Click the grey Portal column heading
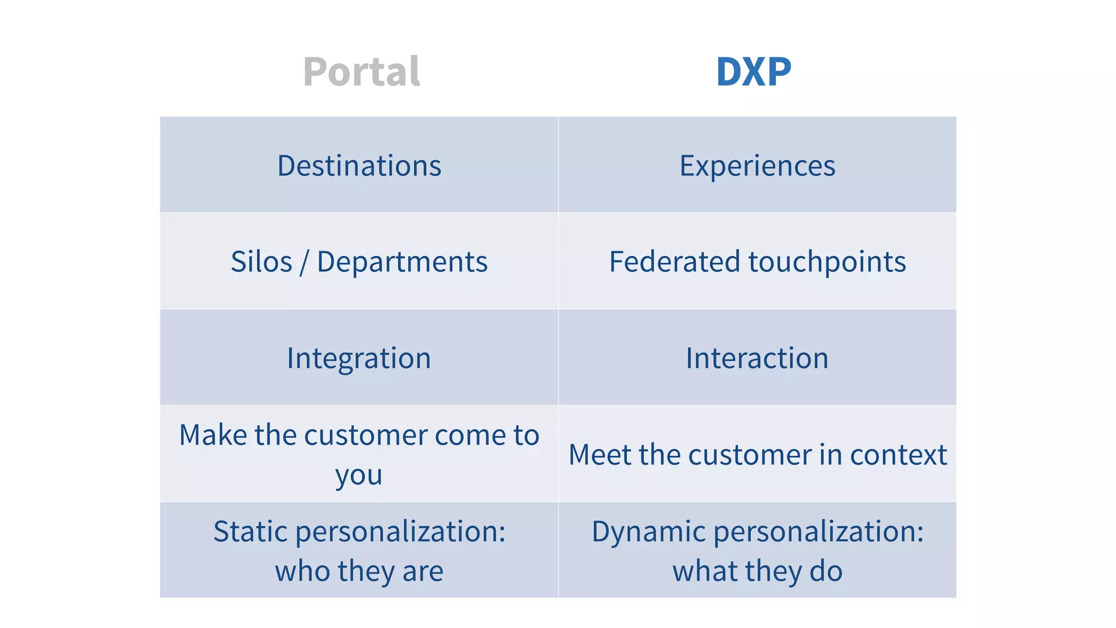[x=361, y=72]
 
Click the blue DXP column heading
[x=753, y=72]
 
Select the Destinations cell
[x=359, y=166]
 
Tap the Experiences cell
[x=757, y=166]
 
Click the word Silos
[x=262, y=262]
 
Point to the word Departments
[x=402, y=262]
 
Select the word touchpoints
[x=827, y=262]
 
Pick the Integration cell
[x=359, y=358]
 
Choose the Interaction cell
[x=757, y=358]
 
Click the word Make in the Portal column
[x=212, y=435]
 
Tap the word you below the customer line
[x=359, y=476]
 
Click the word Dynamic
[x=648, y=532]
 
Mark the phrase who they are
[x=359, y=571]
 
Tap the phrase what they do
[x=757, y=571]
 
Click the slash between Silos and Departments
[x=304, y=262]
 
